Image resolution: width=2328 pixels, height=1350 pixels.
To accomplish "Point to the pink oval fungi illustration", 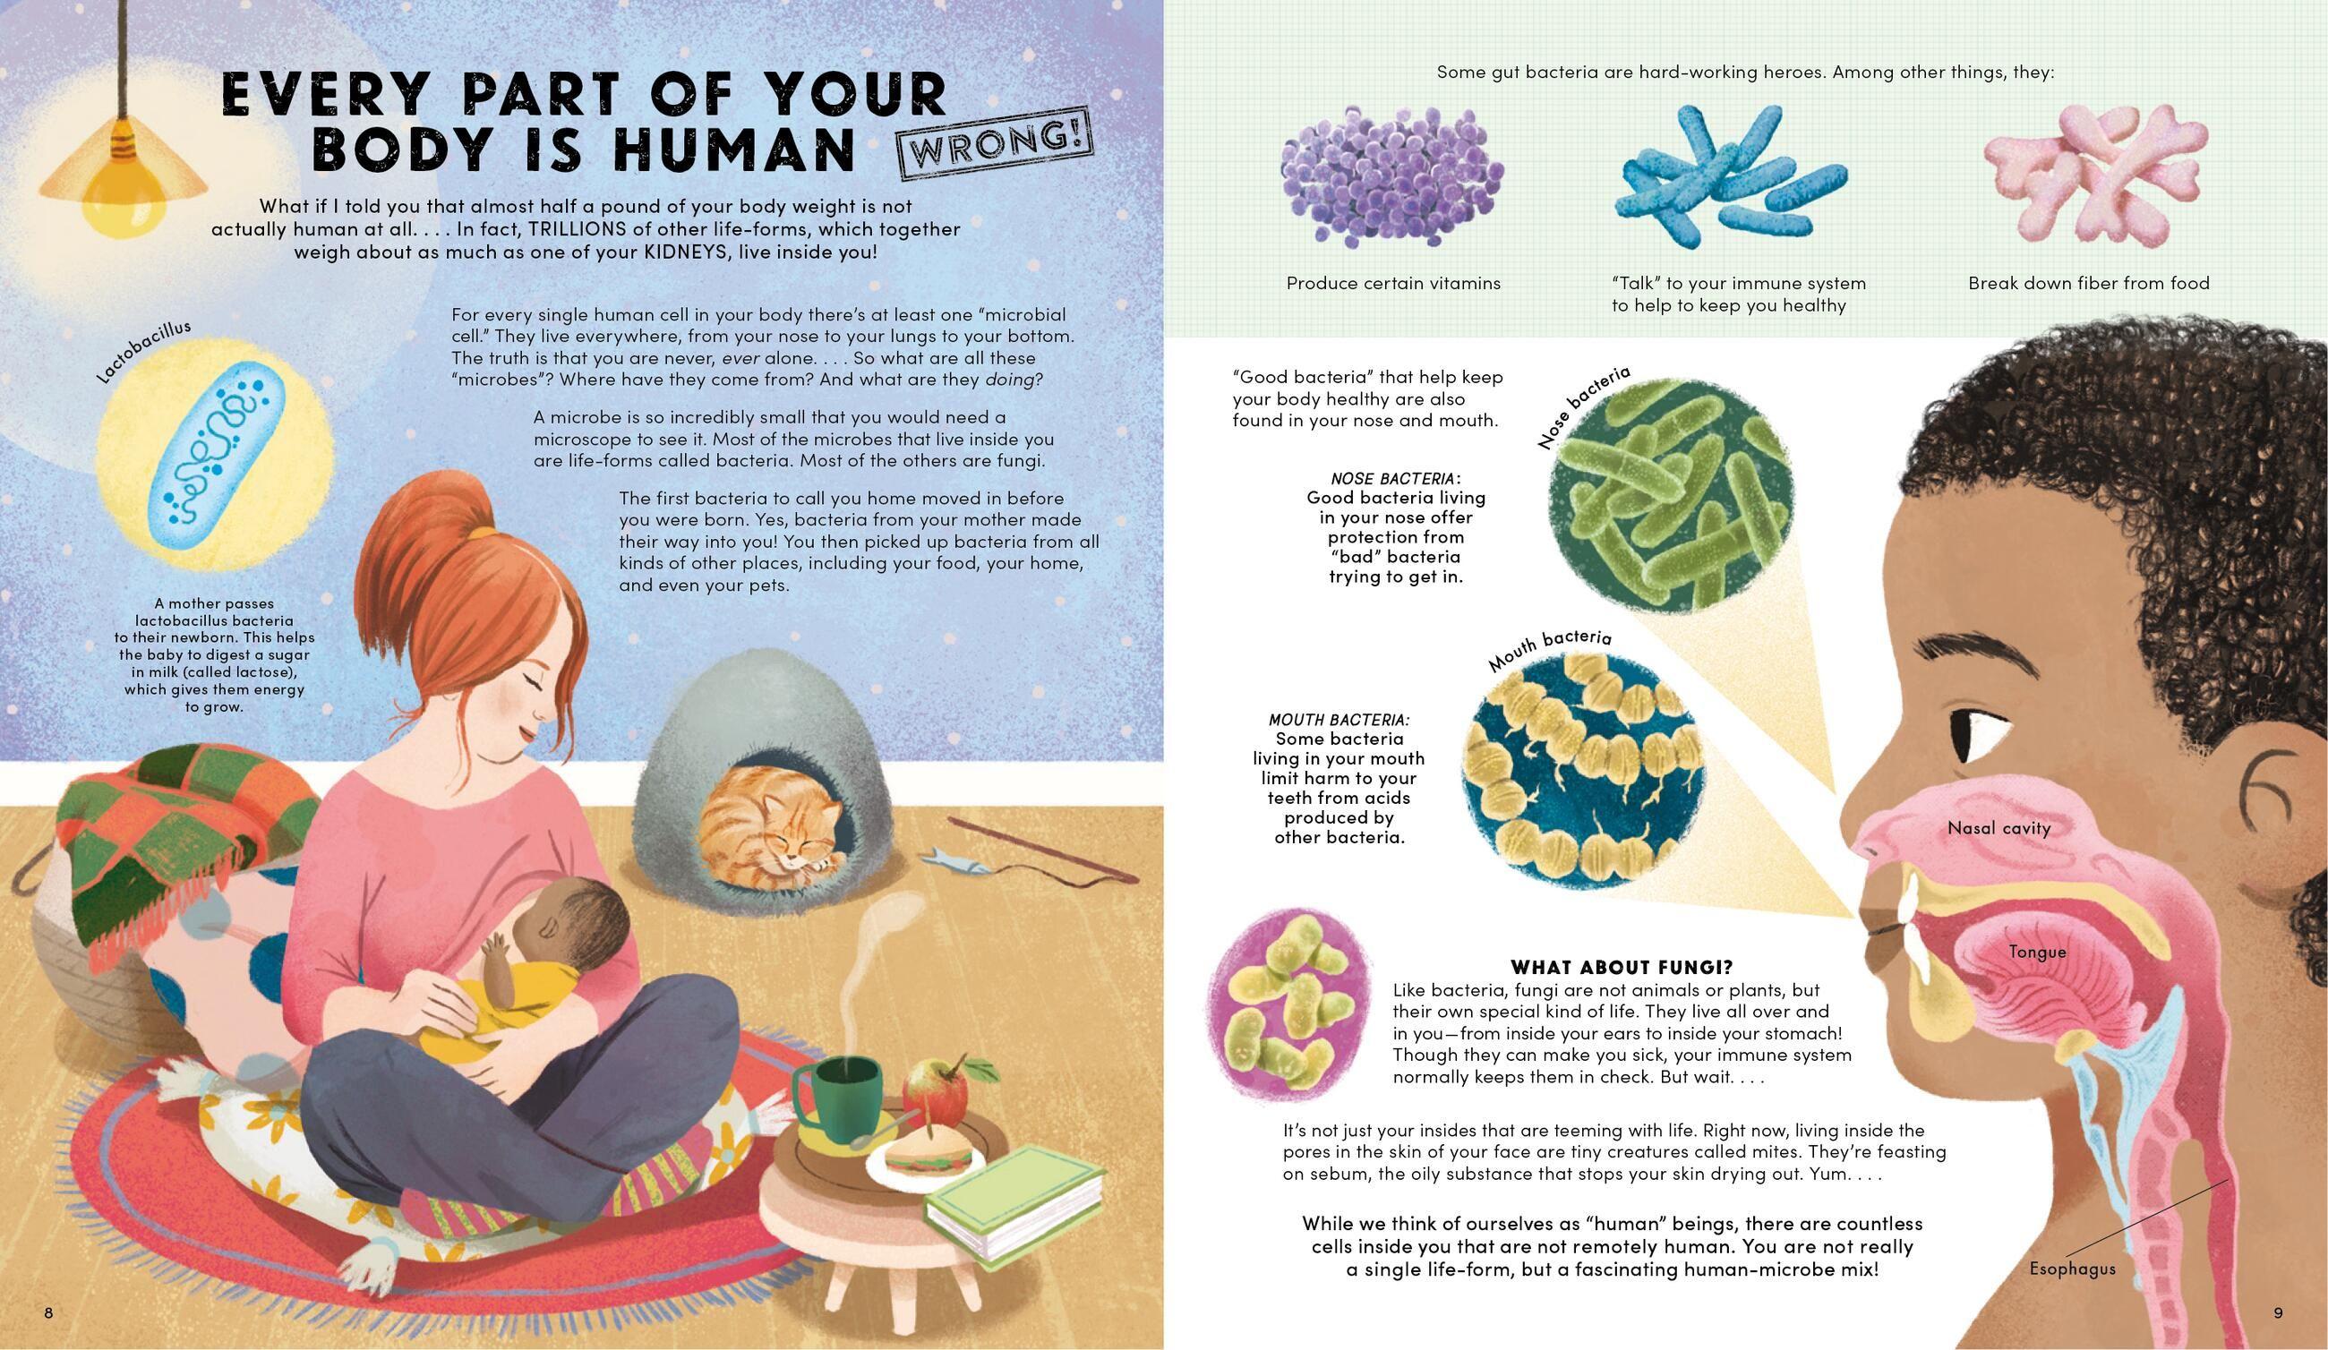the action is (1287, 1008).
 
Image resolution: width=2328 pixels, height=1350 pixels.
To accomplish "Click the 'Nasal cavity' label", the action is (1998, 828).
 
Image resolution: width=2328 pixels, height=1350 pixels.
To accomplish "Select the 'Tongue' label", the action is (2037, 951).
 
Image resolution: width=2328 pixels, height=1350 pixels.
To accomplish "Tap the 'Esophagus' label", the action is (2072, 1269).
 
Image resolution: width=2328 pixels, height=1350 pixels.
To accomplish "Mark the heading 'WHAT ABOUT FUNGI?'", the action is (1622, 967).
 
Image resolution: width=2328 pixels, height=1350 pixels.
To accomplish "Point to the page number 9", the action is (2278, 1313).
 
